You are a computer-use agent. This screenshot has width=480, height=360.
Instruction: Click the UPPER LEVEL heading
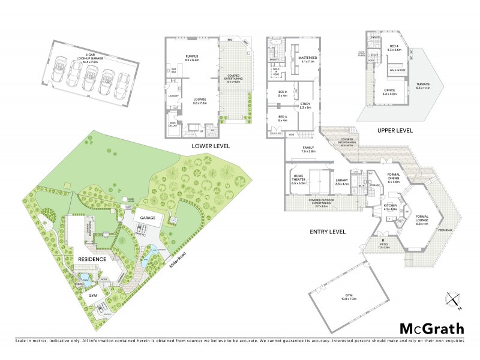[x=398, y=130]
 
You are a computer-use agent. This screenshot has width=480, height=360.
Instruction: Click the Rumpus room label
[x=192, y=58]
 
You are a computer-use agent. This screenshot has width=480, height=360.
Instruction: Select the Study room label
[x=305, y=106]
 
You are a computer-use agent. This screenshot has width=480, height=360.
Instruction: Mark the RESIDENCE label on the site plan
[x=92, y=259]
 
